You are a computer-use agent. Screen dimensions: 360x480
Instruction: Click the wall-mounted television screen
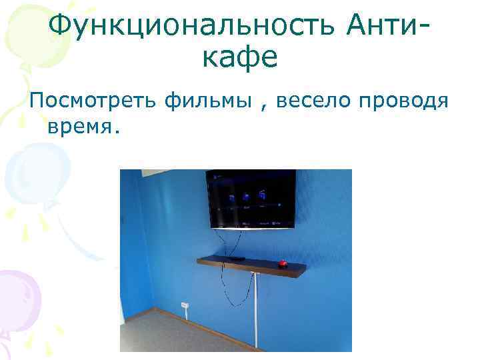tap(251, 198)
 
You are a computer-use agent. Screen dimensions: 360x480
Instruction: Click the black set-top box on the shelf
tap(235, 257)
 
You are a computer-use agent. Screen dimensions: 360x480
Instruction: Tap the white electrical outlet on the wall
tap(185, 305)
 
